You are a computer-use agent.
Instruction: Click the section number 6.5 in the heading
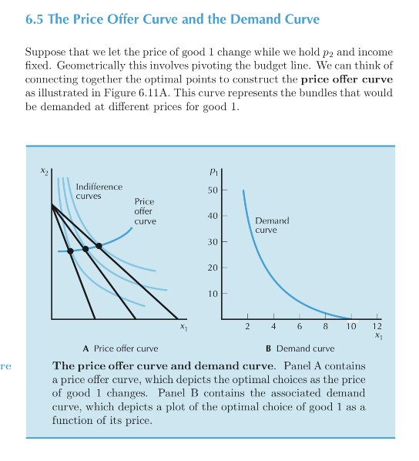pos(36,18)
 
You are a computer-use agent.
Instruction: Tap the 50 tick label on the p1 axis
pos(213,190)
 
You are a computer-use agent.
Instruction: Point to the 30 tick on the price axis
pos(213,241)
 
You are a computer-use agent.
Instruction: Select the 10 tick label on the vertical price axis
pos(213,293)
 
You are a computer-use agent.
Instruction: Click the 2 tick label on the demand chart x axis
pos(246,327)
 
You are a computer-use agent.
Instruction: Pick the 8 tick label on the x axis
pos(325,327)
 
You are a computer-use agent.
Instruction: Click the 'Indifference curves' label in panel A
pos(99,191)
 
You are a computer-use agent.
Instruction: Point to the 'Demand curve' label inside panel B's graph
pos(272,225)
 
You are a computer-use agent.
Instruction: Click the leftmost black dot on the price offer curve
pos(70,251)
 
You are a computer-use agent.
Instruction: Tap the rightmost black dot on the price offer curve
pos(99,246)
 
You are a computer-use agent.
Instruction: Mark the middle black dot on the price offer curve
pos(85,249)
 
